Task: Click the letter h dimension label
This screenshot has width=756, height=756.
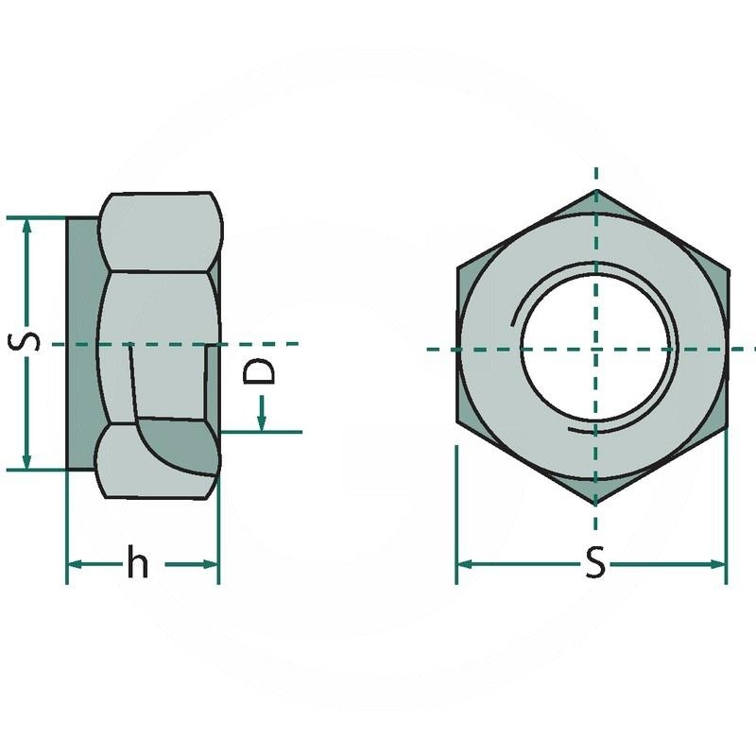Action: [137, 560]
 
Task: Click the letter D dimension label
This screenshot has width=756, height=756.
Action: [259, 371]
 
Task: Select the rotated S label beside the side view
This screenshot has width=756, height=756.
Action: [24, 342]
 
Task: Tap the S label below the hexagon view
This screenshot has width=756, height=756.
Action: [595, 561]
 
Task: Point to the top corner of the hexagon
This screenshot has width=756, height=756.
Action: [597, 190]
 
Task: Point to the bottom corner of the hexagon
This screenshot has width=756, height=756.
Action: [595, 505]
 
